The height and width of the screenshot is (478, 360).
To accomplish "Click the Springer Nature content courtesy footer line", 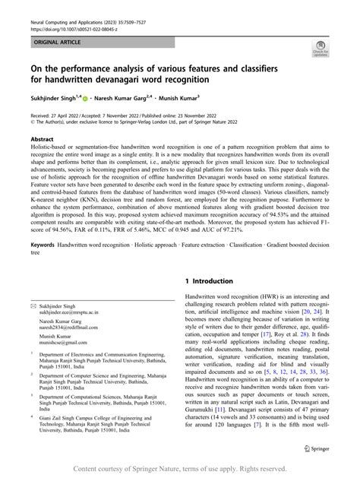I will point(180,467).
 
